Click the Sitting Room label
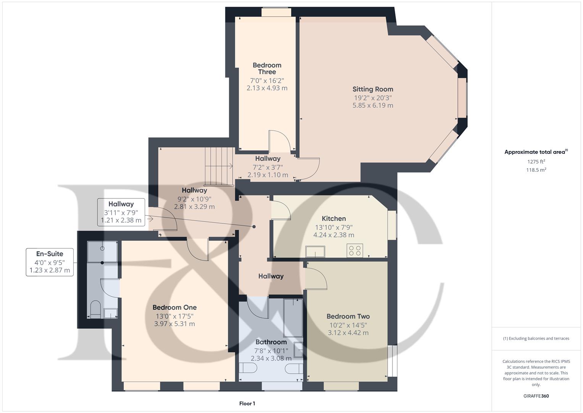pyautogui.click(x=373, y=89)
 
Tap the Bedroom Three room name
pyautogui.click(x=267, y=68)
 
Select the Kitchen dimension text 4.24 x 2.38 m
pyautogui.click(x=334, y=235)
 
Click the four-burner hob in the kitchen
pyautogui.click(x=355, y=250)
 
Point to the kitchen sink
pyautogui.click(x=315, y=252)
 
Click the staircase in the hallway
pyautogui.click(x=219, y=166)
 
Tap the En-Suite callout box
pyautogui.click(x=50, y=262)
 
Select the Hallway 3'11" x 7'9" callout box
pyautogui.click(x=121, y=212)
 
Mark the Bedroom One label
pyautogui.click(x=174, y=307)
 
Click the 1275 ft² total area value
pyautogui.click(x=536, y=162)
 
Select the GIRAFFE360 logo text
pyautogui.click(x=536, y=396)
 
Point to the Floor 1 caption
pyautogui.click(x=247, y=403)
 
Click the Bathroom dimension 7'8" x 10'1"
pyautogui.click(x=271, y=351)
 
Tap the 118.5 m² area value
pyautogui.click(x=536, y=170)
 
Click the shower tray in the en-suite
pyautogui.click(x=102, y=251)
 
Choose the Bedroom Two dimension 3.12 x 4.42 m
pyautogui.click(x=348, y=333)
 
